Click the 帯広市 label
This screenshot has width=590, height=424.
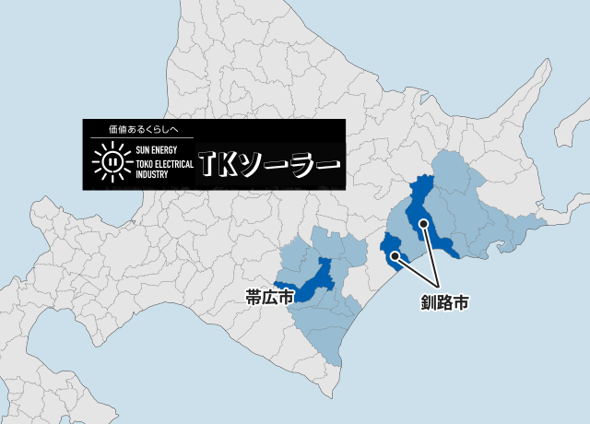click(269, 297)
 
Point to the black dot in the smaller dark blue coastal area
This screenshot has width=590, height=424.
click(395, 254)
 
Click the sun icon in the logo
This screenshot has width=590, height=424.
click(111, 161)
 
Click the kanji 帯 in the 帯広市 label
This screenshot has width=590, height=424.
click(254, 297)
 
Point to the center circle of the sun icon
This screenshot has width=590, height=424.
click(111, 161)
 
